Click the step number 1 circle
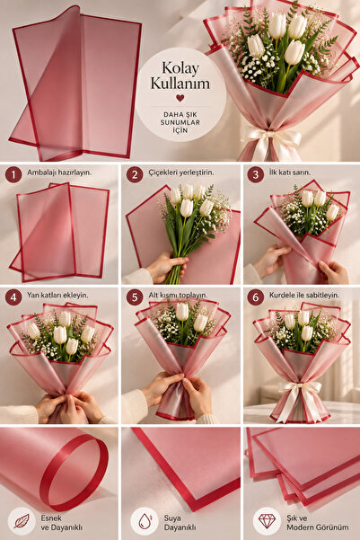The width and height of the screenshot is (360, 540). coord(13,174)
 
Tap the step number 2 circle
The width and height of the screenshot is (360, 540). coord(135,174)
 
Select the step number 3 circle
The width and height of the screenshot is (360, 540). coord(255,174)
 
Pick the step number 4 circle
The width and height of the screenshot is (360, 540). coord(13,297)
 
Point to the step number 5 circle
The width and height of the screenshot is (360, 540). coord(135,297)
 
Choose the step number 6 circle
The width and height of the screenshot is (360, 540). coord(255,297)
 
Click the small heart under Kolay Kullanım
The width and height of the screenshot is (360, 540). coord(180,98)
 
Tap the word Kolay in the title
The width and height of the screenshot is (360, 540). coord(180,68)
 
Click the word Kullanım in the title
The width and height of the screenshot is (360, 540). coord(180,84)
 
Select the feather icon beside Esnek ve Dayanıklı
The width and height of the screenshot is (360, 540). coord(22,521)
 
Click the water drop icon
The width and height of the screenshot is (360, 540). coord(145,521)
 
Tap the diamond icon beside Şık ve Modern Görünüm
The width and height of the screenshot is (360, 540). coord(267,521)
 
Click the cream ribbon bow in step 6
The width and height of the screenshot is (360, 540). coord(299,398)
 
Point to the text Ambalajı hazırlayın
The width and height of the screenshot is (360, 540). coord(59,173)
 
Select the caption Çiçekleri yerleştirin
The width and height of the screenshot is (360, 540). coord(181,173)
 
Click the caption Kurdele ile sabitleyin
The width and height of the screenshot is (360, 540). coord(304,296)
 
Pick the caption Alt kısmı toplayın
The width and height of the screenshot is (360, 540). coord(179,296)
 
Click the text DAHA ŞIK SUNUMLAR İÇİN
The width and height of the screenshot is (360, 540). coord(180,122)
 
